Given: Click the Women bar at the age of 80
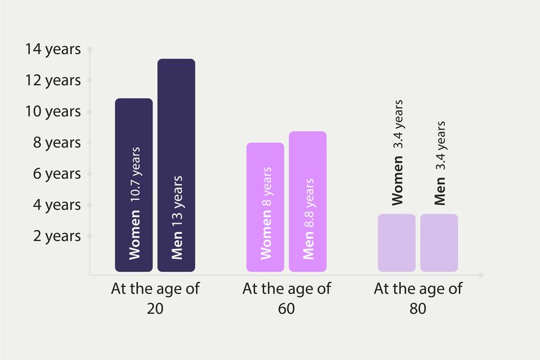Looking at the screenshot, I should click(397, 242).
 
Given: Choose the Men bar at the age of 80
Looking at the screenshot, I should click(439, 242).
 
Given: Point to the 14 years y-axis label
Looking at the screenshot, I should click(53, 49).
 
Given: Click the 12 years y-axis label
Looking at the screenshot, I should click(53, 80).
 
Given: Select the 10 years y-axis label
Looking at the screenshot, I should click(53, 112).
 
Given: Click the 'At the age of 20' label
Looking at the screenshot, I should click(155, 298).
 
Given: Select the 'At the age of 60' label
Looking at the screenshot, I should click(287, 298).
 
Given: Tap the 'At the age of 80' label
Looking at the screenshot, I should click(418, 298).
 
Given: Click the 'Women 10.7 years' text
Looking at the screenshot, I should click(134, 202).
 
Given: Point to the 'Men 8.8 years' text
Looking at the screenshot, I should click(308, 218).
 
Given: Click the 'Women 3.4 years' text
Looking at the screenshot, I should click(397, 154).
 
